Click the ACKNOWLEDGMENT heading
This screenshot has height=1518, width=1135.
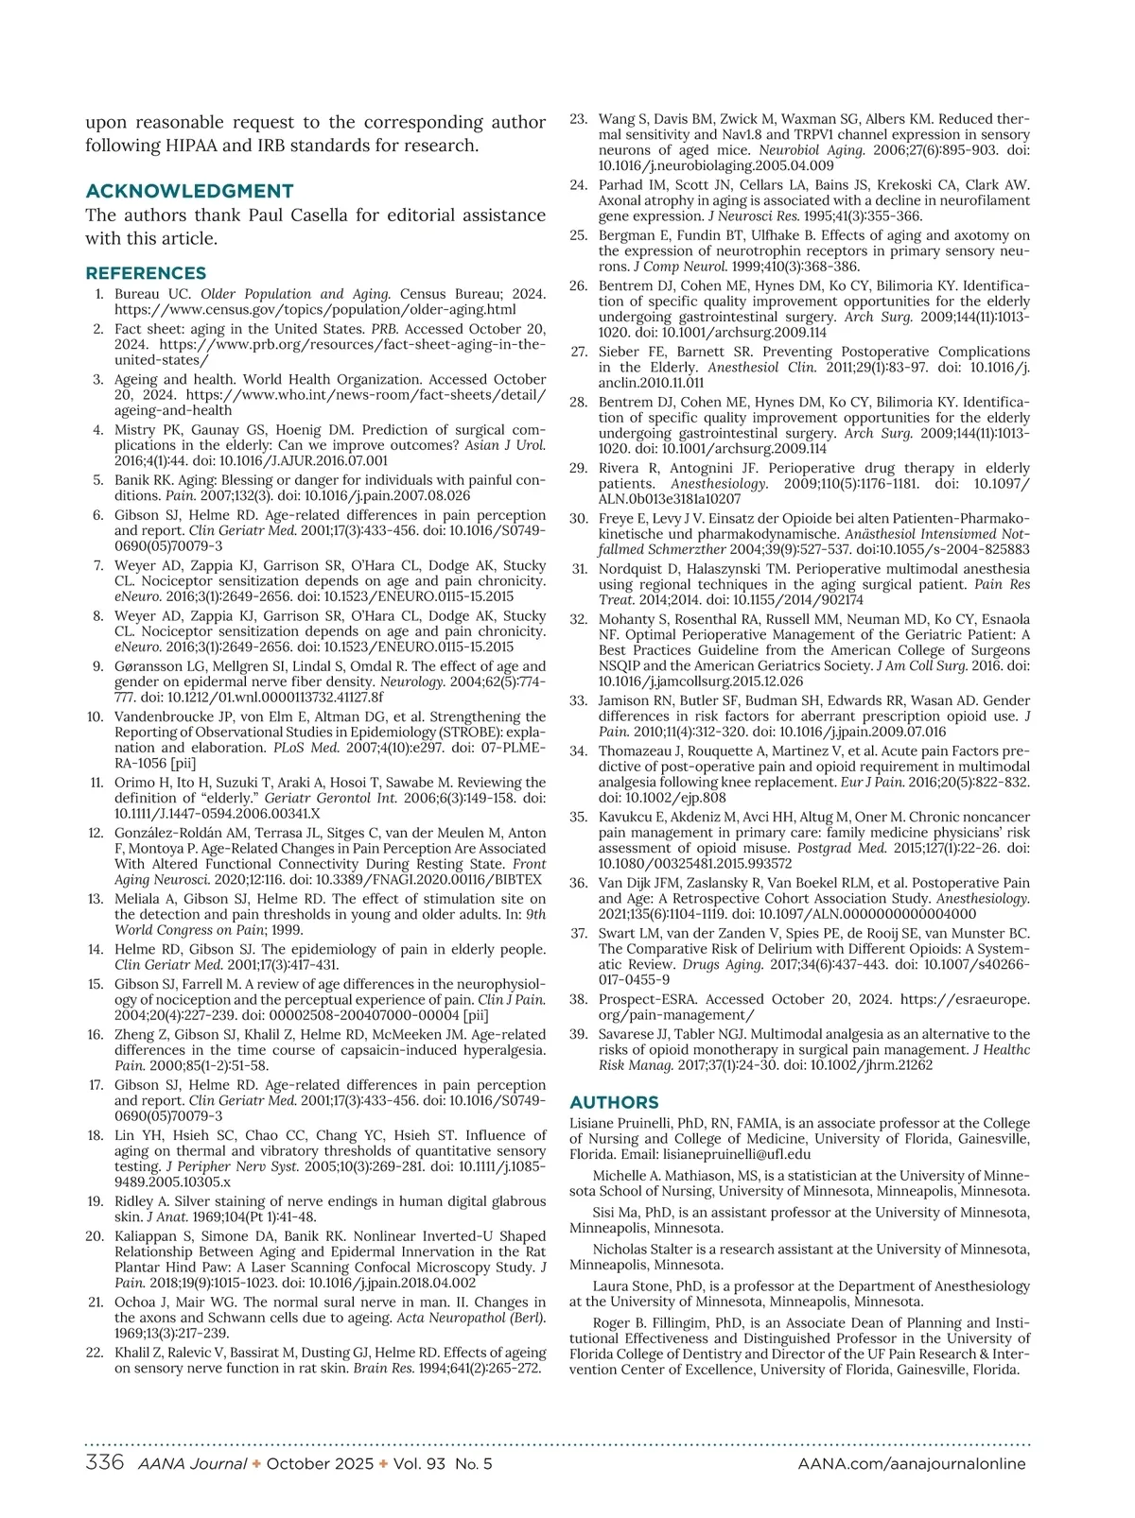pyautogui.click(x=189, y=191)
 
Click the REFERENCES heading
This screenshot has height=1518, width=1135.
pyautogui.click(x=146, y=273)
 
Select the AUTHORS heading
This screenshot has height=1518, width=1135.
pyautogui.click(x=614, y=1102)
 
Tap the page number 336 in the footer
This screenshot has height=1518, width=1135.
pyautogui.click(x=105, y=1463)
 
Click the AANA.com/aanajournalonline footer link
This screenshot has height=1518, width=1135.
pyautogui.click(x=911, y=1464)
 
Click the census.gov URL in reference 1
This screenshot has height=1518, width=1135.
pyautogui.click(x=315, y=309)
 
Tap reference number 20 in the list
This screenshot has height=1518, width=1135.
pyautogui.click(x=94, y=1236)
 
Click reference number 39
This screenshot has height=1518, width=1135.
pyautogui.click(x=578, y=1034)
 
